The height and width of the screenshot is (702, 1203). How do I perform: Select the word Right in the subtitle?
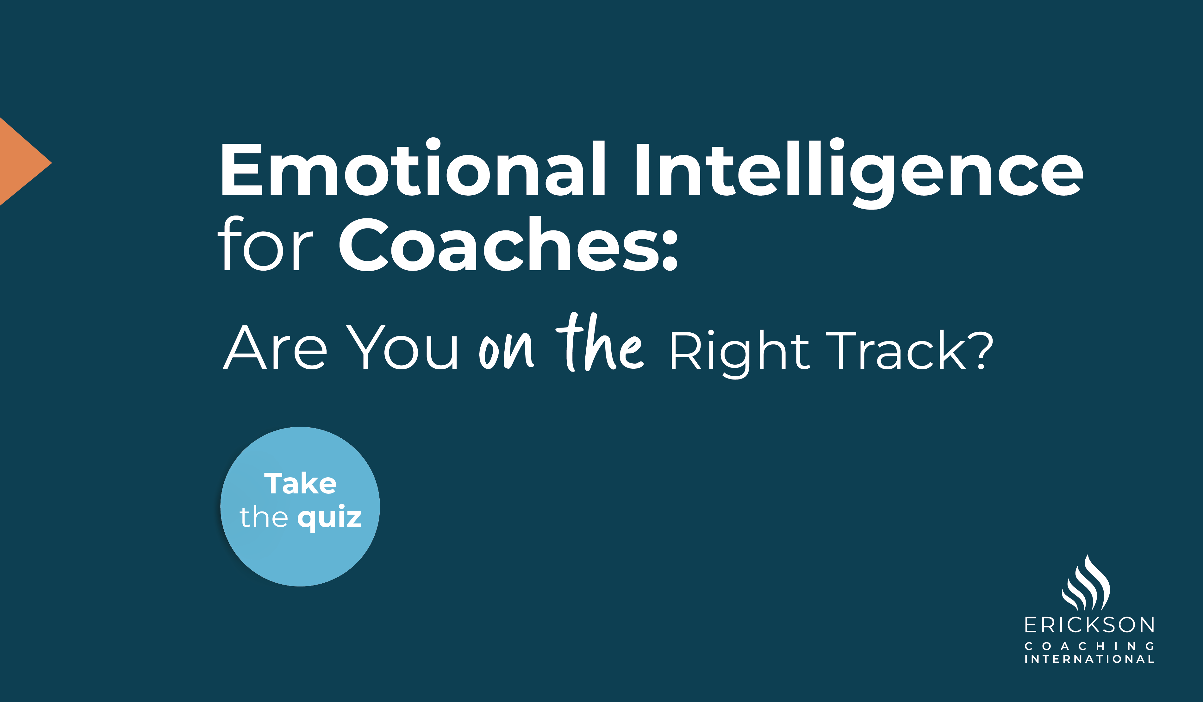pyautogui.click(x=739, y=351)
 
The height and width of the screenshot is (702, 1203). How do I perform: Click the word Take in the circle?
pyautogui.click(x=300, y=483)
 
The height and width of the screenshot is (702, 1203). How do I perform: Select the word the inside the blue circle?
pyautogui.click(x=264, y=517)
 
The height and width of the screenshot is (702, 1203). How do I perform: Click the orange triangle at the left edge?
pyautogui.click(x=19, y=162)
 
